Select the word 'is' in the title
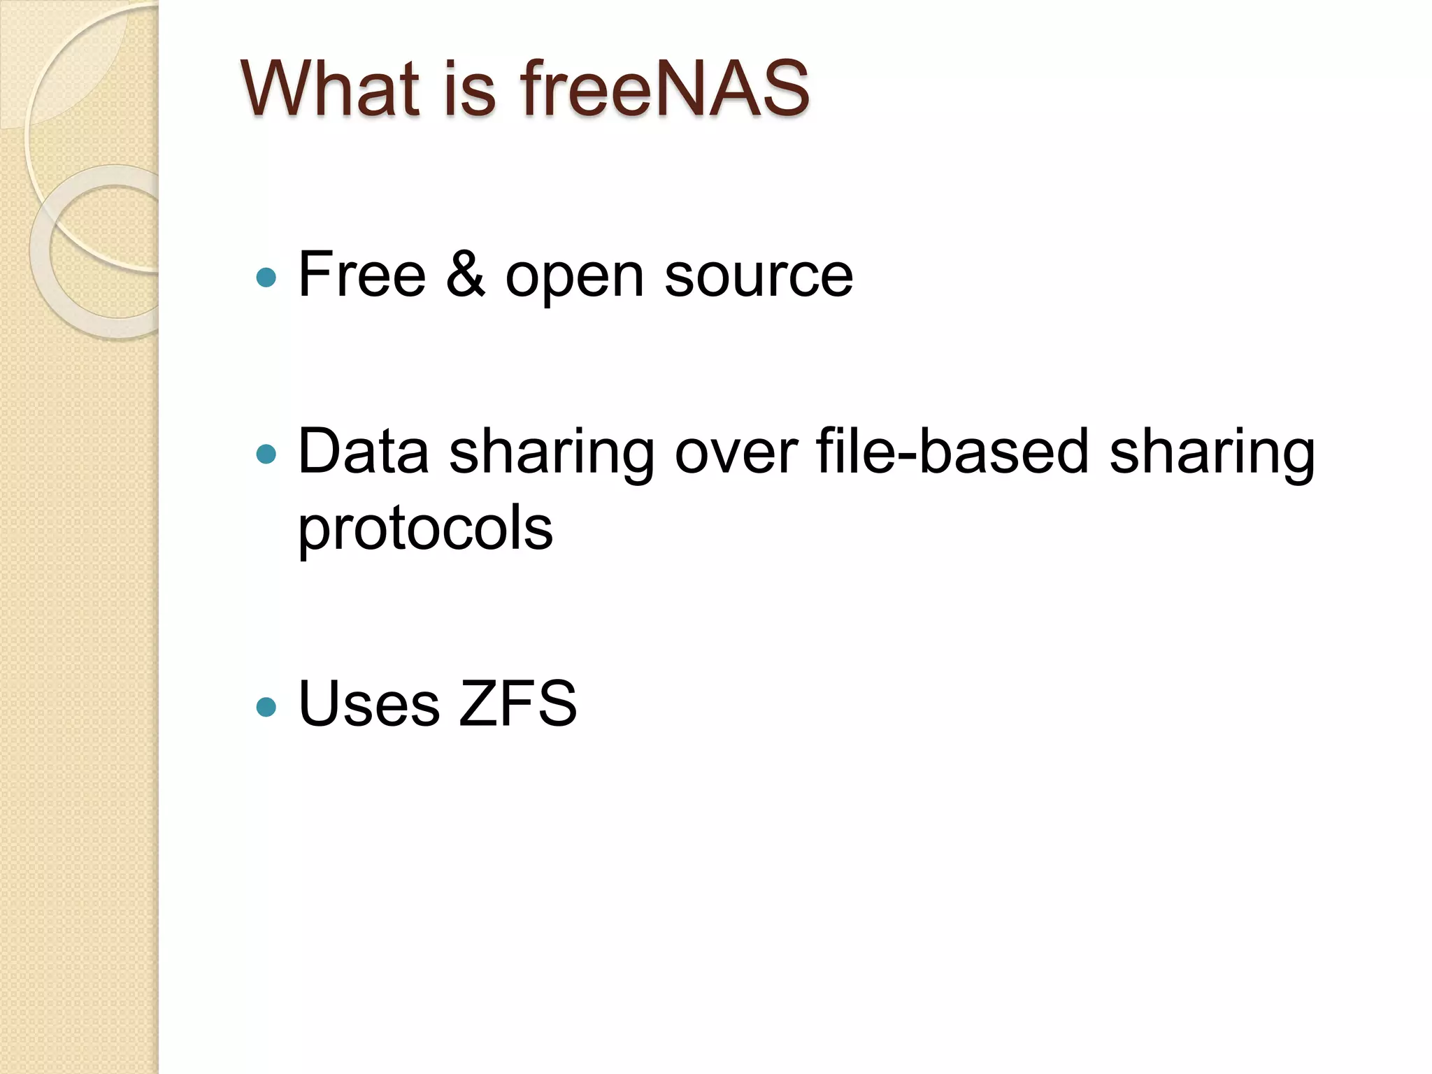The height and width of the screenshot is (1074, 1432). [470, 89]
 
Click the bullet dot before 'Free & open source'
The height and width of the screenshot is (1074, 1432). [266, 278]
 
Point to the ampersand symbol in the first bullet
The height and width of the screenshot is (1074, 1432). [465, 275]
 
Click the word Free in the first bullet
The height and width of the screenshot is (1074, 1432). [361, 275]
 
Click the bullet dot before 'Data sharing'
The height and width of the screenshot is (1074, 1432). [266, 455]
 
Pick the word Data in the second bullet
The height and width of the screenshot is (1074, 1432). [363, 452]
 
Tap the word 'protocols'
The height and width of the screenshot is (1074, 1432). [425, 530]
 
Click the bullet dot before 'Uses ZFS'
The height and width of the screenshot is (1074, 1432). [266, 707]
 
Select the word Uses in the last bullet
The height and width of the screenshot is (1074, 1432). [368, 704]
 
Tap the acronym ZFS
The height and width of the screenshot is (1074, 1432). [517, 704]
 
